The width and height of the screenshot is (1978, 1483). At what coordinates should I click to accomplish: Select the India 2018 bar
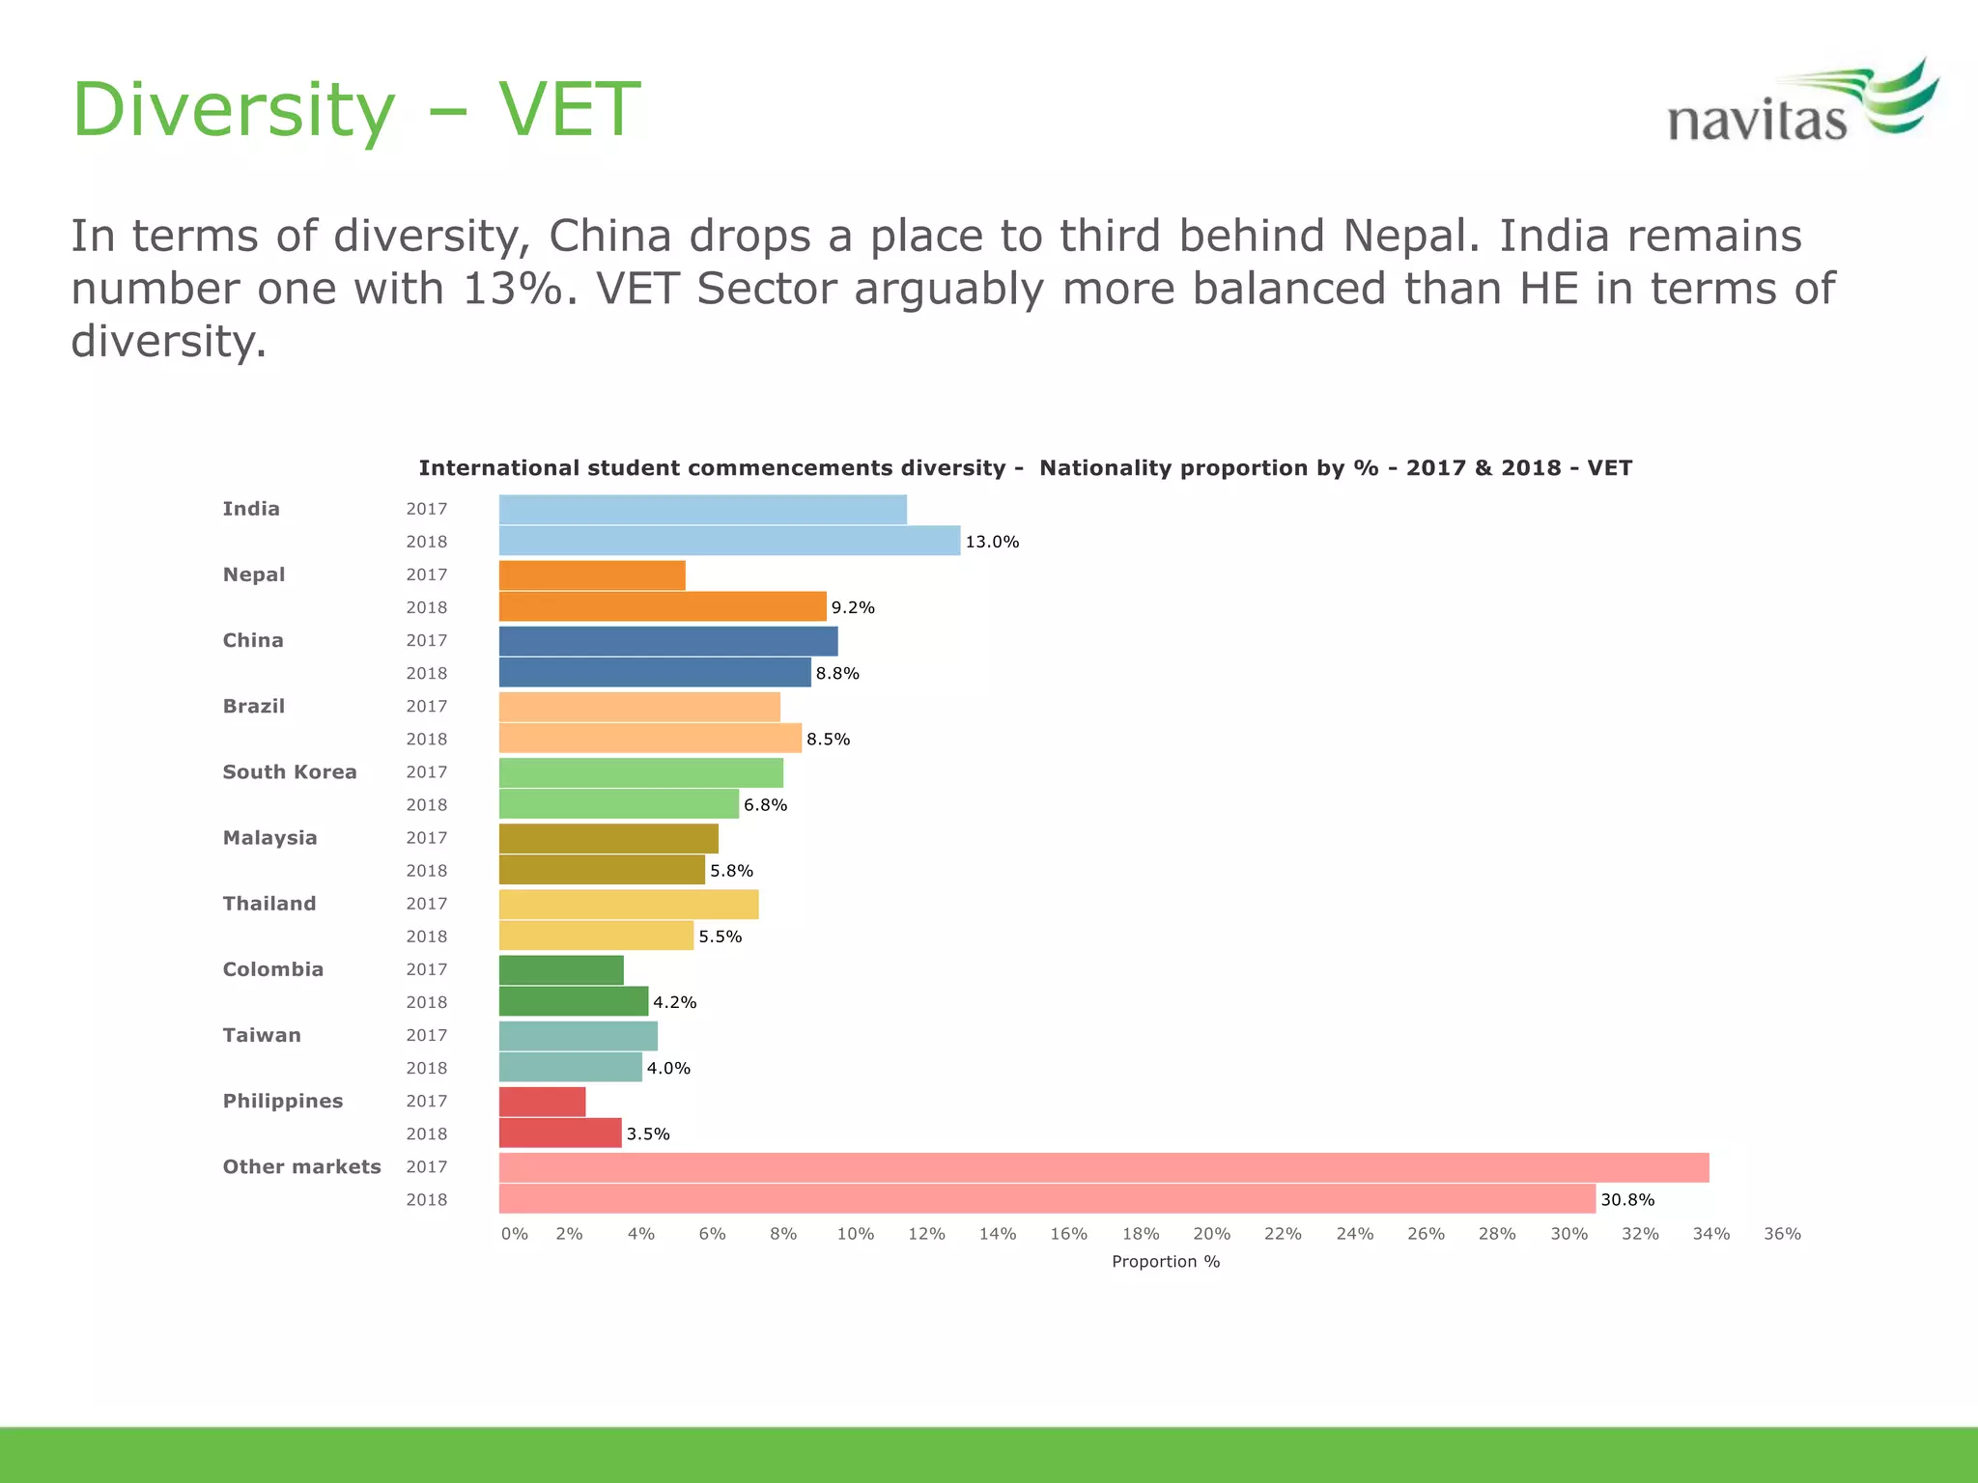pyautogui.click(x=729, y=541)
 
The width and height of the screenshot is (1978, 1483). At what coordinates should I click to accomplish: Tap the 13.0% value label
pyautogui.click(x=992, y=542)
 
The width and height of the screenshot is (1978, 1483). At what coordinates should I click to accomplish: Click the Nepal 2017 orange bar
pyautogui.click(x=591, y=575)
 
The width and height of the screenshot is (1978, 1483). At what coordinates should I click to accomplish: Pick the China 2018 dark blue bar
pyautogui.click(x=655, y=672)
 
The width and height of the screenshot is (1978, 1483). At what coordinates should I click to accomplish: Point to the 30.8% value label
pyautogui.click(x=1627, y=1199)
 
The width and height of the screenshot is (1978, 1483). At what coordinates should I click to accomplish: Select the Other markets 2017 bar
pyautogui.click(x=1103, y=1167)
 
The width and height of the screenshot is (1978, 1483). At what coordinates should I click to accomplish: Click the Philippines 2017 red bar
pyautogui.click(x=542, y=1102)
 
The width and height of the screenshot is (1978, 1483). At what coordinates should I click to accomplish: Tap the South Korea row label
pyautogui.click(x=290, y=771)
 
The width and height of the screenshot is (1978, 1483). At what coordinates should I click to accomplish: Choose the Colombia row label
pyautogui.click(x=273, y=969)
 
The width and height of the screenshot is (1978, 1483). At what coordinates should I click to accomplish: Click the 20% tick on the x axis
pyautogui.click(x=1211, y=1234)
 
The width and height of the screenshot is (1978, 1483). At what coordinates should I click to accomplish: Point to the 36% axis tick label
pyautogui.click(x=1782, y=1234)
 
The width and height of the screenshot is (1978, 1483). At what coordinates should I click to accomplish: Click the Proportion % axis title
pyautogui.click(x=1166, y=1262)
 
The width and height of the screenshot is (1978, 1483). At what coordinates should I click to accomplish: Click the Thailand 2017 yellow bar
pyautogui.click(x=628, y=905)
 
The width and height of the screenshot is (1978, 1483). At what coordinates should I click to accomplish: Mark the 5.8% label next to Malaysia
pyautogui.click(x=731, y=871)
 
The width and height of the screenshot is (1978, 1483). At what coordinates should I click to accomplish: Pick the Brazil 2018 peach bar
pyautogui.click(x=650, y=739)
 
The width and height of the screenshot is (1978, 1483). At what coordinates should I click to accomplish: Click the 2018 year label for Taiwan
pyautogui.click(x=426, y=1068)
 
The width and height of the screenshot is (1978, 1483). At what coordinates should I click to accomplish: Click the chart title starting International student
pyautogui.click(x=1025, y=468)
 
